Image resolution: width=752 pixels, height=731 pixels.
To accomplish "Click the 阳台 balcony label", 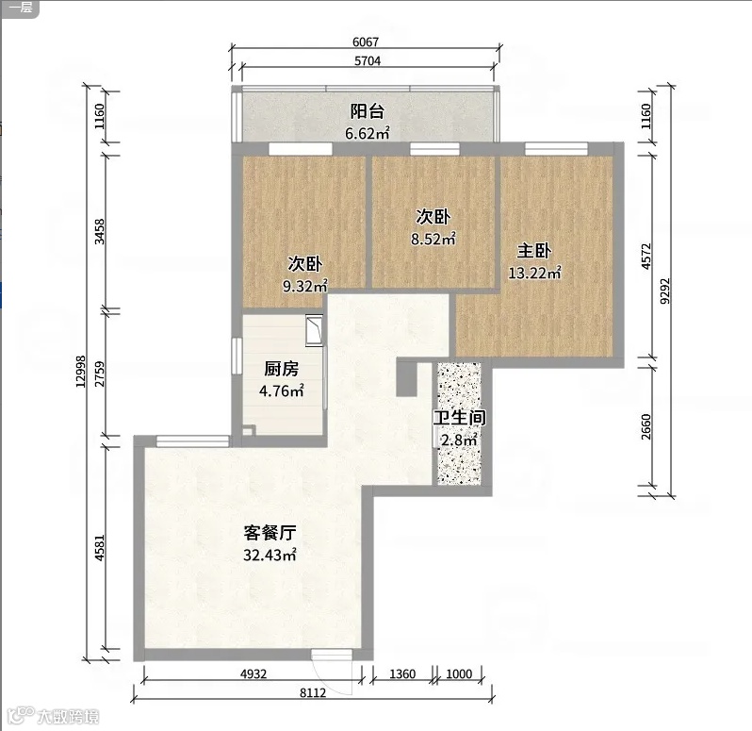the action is [367, 111].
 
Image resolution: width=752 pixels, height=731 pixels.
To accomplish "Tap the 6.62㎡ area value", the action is [367, 133].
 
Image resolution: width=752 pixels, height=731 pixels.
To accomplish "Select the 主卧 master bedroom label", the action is [533, 251].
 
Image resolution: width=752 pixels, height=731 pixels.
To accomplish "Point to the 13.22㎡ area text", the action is [534, 274].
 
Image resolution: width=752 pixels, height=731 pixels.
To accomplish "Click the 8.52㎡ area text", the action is [433, 239].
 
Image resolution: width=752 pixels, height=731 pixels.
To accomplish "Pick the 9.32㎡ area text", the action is [304, 287].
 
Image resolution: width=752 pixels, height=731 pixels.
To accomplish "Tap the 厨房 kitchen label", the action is [282, 369].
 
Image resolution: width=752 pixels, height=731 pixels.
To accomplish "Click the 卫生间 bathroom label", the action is [460, 418].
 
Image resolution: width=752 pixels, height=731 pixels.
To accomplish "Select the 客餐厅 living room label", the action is [270, 533].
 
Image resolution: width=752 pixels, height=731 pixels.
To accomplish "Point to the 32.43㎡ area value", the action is [270, 556].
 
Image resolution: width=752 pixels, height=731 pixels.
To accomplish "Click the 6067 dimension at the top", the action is [366, 42].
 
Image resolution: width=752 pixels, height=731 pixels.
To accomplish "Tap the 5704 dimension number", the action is [368, 61].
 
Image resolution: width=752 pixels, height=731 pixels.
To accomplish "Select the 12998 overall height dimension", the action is [81, 372].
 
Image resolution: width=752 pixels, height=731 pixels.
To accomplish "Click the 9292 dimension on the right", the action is [664, 291].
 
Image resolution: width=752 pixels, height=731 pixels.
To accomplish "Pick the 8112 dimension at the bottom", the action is [313, 693].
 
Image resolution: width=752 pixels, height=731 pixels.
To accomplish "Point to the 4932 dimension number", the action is [253, 673].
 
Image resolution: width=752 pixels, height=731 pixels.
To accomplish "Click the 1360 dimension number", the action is [402, 673].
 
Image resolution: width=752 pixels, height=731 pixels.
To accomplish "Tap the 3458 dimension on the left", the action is [100, 231].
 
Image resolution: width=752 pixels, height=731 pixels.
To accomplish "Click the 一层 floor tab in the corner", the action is [21, 8].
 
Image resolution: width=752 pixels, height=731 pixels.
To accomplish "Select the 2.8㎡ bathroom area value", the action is [459, 440].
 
